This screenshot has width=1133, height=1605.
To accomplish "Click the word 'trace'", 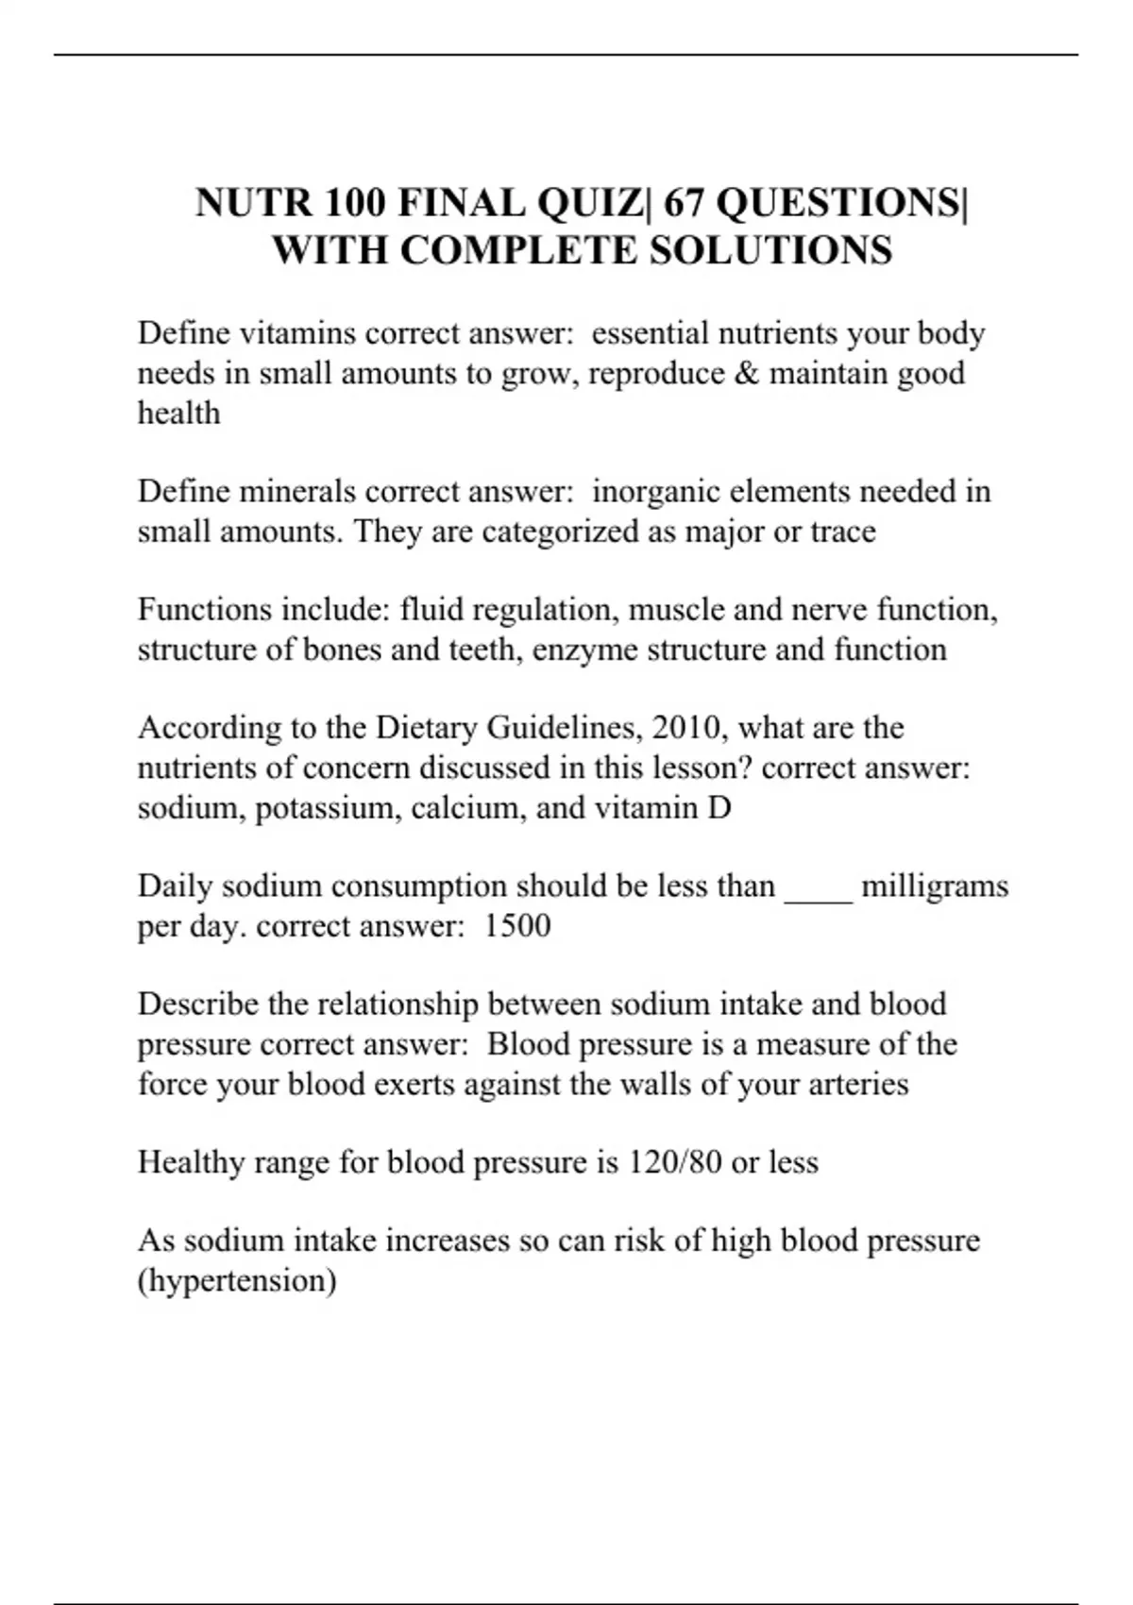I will [842, 532].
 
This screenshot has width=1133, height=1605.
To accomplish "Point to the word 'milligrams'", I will [935, 887].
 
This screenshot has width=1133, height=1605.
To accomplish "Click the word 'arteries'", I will [858, 1084].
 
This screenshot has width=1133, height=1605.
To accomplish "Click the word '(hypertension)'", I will [237, 1281].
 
